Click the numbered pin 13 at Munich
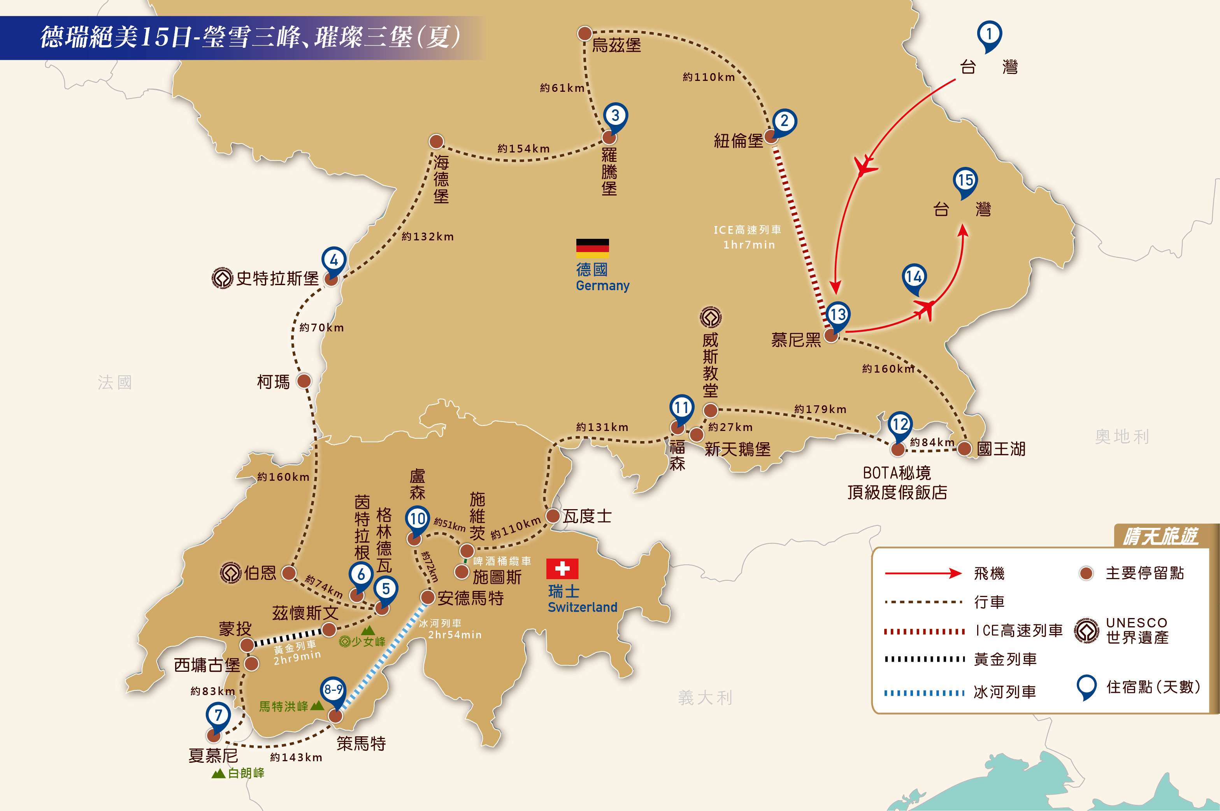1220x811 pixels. pos(837,314)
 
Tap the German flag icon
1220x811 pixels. pos(592,248)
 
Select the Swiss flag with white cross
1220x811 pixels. pos(562,569)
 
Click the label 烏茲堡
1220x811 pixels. pos(616,46)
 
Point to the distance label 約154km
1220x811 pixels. pos(523,149)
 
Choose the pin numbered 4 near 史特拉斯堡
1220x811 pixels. pos(334,260)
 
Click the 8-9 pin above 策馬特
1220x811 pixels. pos(333,690)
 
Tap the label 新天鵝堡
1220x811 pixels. pos(737,449)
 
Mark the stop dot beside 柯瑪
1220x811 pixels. pos(304,381)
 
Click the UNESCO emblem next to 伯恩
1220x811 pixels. pos(230,573)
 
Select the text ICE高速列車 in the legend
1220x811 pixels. pos(1018,631)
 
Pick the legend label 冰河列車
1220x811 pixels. pos(1005,692)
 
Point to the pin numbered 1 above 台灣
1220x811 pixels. pos(989,35)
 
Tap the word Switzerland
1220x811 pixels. pos(583,607)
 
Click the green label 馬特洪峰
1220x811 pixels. pos(284,706)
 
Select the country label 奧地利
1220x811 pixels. pos(1122,436)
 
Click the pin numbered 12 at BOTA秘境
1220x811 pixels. pos(900,425)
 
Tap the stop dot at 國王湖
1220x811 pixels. pos(964,448)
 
